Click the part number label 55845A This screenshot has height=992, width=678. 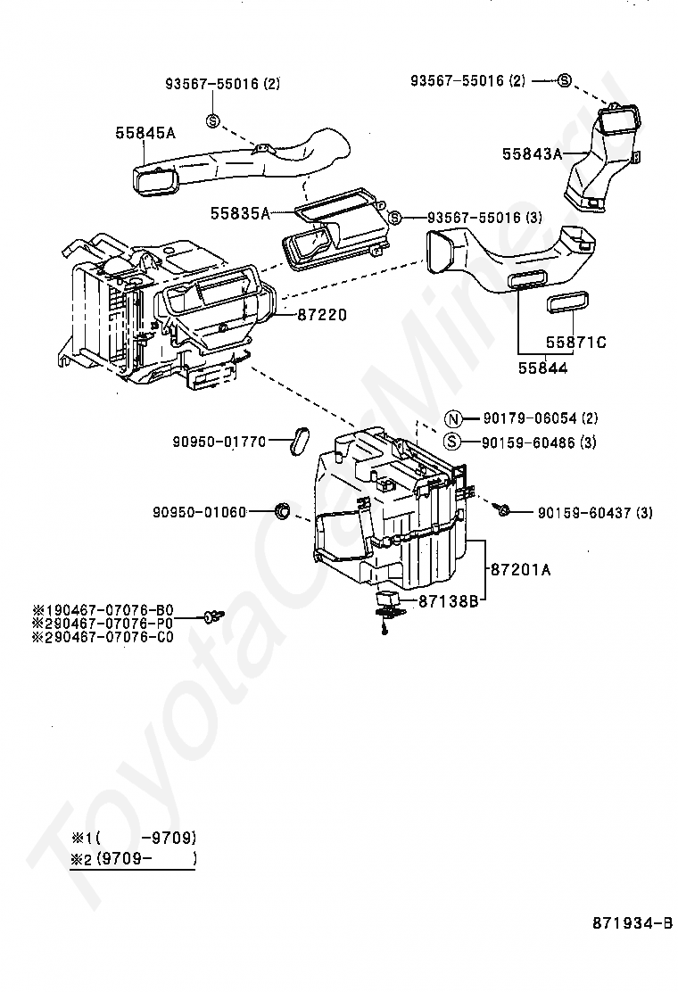tap(145, 133)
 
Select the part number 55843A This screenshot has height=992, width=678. tap(532, 153)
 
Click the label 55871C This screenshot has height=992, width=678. tap(575, 342)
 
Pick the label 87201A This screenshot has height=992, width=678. tap(520, 568)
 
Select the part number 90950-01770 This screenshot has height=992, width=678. tap(219, 441)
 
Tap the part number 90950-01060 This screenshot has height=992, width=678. tap(198, 512)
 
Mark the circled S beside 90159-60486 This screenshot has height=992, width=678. tap(452, 442)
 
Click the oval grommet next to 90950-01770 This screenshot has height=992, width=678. tap(299, 439)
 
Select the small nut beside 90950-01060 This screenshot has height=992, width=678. tap(282, 511)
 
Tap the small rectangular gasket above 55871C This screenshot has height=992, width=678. tap(567, 302)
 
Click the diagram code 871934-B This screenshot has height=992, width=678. tap(632, 924)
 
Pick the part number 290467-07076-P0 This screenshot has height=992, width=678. tap(103, 624)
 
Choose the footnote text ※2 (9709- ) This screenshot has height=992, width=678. tap(134, 859)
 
